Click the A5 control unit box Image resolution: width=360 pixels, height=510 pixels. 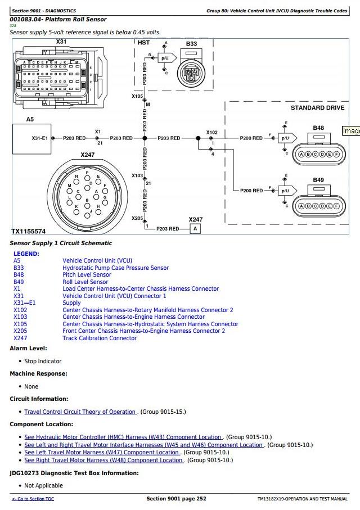(31, 139)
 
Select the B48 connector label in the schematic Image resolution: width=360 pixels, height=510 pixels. (318, 128)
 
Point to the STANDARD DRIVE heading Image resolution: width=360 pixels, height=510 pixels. (317, 107)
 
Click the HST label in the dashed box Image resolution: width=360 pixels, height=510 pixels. (143, 43)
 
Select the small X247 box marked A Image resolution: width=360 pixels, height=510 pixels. (195, 229)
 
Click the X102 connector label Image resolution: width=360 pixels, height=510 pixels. (212, 132)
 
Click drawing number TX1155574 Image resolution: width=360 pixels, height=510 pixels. (29, 231)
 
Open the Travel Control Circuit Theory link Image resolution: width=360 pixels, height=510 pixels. (80, 412)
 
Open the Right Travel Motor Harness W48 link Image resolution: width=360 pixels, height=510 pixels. (103, 460)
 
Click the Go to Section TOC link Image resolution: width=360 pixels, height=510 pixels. (33, 499)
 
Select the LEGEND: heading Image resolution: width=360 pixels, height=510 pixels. (26, 254)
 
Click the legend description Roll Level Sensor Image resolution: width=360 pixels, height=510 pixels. (85, 282)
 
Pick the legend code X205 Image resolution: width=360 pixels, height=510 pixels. (20, 331)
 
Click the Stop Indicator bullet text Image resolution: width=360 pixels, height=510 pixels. (43, 361)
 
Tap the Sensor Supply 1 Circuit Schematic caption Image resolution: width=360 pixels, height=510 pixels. (61, 243)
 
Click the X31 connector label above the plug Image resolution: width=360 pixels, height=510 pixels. (61, 42)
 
